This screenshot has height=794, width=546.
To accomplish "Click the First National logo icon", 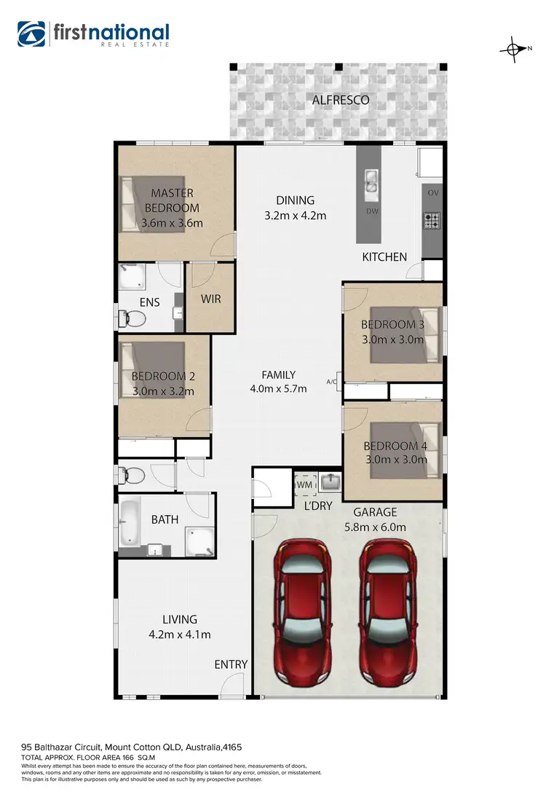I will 31,34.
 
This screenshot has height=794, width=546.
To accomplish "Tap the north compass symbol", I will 514,50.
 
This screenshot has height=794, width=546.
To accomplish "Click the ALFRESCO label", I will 341,100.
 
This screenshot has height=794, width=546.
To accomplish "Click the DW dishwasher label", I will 371,211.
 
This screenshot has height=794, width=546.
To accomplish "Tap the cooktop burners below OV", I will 432,219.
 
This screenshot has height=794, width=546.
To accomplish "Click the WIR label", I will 211,299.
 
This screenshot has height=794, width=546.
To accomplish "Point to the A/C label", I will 332,382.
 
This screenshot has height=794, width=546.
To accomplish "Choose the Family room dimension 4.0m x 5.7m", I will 278,388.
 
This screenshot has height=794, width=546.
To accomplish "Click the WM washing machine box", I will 303,484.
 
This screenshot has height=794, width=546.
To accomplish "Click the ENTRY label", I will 231,664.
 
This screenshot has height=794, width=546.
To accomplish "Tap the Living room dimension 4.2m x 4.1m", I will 180,634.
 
